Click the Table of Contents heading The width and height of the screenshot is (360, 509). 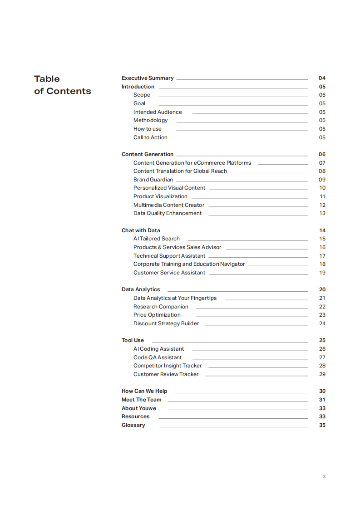click(62, 85)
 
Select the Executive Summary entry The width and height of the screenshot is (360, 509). click(148, 78)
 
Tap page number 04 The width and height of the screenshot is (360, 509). click(322, 78)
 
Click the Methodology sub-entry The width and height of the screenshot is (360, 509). click(150, 120)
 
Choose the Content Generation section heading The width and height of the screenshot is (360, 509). click(148, 154)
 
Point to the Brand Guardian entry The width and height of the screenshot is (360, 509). click(153, 180)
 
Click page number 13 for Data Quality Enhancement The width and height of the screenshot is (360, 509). click(322, 213)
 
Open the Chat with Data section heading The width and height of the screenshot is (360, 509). click(141, 230)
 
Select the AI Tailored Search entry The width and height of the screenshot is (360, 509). click(157, 239)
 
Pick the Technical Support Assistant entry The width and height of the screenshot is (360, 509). click(169, 256)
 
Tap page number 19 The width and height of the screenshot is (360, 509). click(322, 273)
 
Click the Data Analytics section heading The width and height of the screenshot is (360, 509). click(141, 289)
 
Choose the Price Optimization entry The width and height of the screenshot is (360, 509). click(157, 315)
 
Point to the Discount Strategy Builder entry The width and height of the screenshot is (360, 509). click(166, 323)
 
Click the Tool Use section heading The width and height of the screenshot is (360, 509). click(133, 340)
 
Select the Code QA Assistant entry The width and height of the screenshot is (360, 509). click(158, 357)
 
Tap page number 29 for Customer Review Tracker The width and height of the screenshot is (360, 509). click(322, 374)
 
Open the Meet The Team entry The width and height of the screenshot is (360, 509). click(141, 400)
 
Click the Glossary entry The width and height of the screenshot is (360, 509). click(133, 425)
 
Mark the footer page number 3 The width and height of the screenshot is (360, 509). click(324, 476)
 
